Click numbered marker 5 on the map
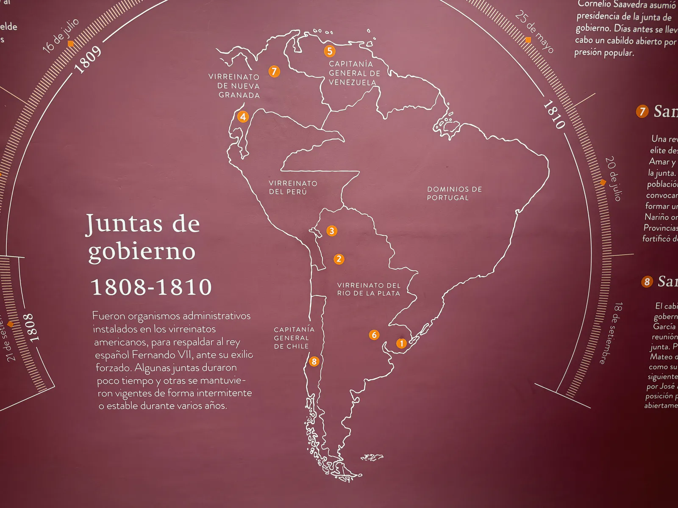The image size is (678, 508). [x=330, y=51]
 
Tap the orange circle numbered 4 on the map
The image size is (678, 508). [x=243, y=116]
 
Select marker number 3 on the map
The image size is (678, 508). [x=332, y=231]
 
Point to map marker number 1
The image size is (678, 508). [x=401, y=343]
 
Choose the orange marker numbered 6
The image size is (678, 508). [x=374, y=335]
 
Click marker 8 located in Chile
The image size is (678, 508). [x=314, y=361]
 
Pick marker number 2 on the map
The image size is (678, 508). [x=339, y=259]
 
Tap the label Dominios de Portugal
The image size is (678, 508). [x=454, y=193]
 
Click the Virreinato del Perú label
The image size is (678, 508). [x=293, y=188]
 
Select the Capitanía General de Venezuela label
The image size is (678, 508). [x=354, y=73]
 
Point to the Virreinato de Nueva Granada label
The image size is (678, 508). [x=234, y=86]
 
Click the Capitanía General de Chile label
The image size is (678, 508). [x=294, y=338]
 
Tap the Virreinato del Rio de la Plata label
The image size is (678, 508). [x=369, y=289]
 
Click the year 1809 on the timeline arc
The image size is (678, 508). [x=88, y=59]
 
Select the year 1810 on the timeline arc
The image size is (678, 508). [x=554, y=114]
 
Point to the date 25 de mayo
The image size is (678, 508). [x=534, y=32]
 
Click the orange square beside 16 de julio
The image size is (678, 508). [x=71, y=44]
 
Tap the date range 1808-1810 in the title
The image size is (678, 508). [x=151, y=287]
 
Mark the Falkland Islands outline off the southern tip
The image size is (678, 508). [x=372, y=457]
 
